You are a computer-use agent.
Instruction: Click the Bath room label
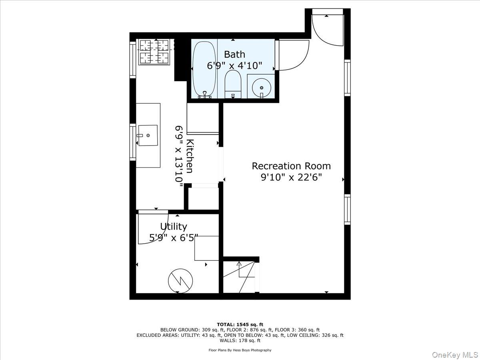234,54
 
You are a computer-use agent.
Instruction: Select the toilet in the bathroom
233,83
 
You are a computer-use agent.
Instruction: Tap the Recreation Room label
291,166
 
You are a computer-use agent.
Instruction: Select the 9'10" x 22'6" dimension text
291,177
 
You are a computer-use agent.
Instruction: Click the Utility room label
174,227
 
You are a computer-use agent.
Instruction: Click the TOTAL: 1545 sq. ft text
240,324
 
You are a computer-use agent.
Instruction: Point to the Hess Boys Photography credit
240,350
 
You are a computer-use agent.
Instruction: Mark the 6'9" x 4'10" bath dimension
234,65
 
